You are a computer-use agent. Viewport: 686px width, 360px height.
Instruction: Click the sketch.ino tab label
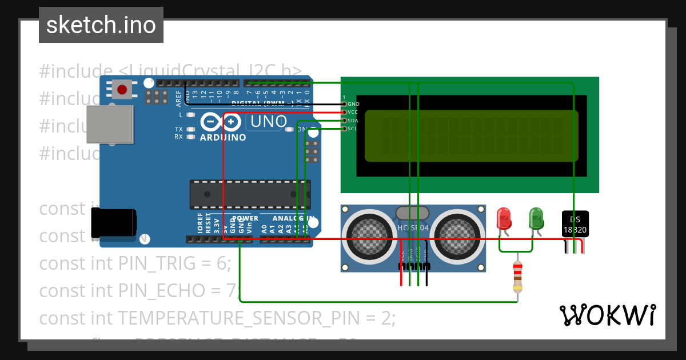point(101,25)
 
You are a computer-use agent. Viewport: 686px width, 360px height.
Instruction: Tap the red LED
point(504,219)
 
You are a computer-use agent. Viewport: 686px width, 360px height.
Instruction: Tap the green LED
point(536,219)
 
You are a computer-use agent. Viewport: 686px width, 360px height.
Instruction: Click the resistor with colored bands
point(517,277)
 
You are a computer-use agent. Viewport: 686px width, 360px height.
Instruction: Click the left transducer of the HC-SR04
point(368,234)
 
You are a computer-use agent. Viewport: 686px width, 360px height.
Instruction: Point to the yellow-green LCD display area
point(471,135)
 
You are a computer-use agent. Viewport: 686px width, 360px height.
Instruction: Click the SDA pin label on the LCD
point(353,121)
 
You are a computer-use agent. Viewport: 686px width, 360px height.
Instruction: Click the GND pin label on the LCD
point(353,104)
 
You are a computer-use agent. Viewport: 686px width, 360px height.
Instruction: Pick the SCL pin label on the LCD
point(352,129)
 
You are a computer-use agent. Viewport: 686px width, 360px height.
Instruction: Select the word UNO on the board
point(269,122)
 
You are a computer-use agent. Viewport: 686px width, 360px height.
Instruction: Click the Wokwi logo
point(607,315)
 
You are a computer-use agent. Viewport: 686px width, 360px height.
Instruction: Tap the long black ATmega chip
point(250,194)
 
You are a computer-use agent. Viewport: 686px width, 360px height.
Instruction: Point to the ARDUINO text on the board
point(223,138)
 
